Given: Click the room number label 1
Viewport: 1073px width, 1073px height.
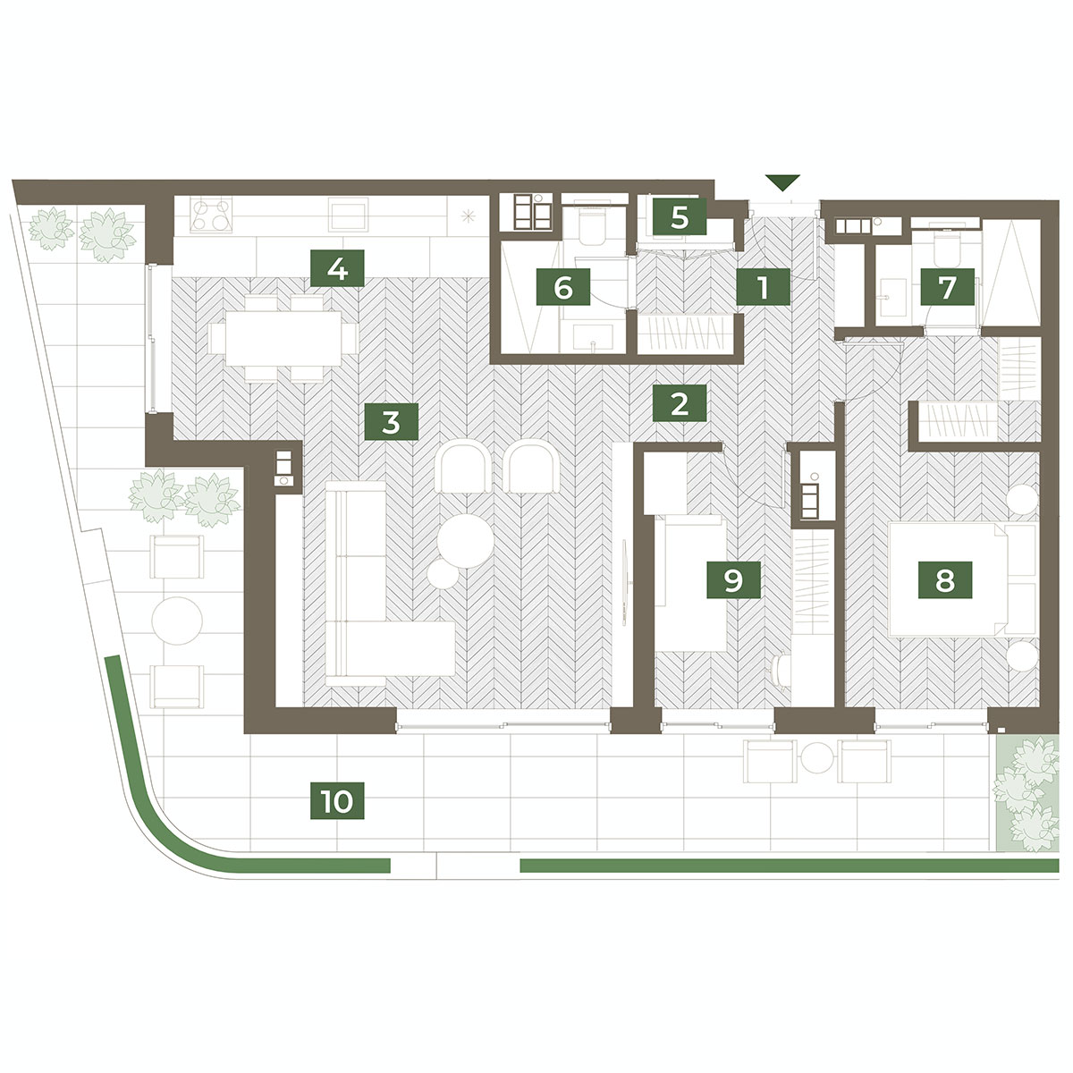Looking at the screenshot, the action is click(x=763, y=287).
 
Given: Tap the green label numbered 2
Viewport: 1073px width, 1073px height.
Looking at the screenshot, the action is click(x=680, y=403).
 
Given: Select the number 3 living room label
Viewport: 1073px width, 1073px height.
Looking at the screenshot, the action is click(x=391, y=421).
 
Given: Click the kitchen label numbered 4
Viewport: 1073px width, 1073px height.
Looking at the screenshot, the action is click(x=337, y=269).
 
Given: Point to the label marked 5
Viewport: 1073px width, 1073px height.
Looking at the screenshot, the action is click(x=680, y=216).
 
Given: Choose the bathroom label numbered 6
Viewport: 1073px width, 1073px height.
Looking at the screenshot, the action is click(x=563, y=287).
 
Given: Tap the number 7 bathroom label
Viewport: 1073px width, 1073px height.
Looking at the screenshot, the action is click(x=947, y=287).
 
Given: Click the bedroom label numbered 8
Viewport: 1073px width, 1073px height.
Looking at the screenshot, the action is click(x=945, y=580).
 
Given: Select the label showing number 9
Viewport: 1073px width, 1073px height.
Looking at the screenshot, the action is click(x=733, y=580).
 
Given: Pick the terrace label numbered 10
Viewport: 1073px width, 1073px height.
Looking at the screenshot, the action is click(x=337, y=800).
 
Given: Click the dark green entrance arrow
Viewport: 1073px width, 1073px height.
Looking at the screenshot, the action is click(x=782, y=183).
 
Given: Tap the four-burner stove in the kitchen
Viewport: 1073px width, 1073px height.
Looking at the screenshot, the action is click(x=211, y=215).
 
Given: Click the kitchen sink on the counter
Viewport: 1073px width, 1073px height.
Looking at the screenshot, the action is click(x=348, y=215).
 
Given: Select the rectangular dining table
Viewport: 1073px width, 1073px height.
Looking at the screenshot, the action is click(x=283, y=338).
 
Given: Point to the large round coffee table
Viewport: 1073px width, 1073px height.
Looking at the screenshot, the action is click(x=466, y=541).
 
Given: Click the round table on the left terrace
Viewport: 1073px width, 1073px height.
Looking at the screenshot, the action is click(x=177, y=621).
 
